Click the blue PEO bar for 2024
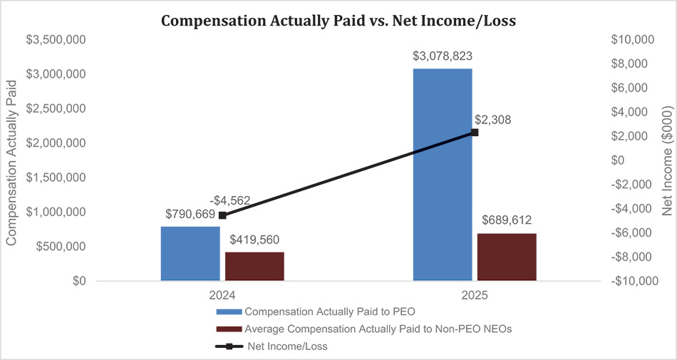coord(190,253)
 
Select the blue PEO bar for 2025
coord(443,175)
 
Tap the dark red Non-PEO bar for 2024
coord(254,267)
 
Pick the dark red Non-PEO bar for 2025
coord(507,257)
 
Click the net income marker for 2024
coord(222,215)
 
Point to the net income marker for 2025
coord(475,133)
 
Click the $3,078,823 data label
coord(443,56)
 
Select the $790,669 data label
coord(190,214)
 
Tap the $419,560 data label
coord(254,240)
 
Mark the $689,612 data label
coord(507,220)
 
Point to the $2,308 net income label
coord(492,120)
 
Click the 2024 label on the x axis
coord(222,296)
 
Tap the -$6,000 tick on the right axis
coord(633,232)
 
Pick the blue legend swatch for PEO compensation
coord(229,312)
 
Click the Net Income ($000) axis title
coord(667,160)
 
